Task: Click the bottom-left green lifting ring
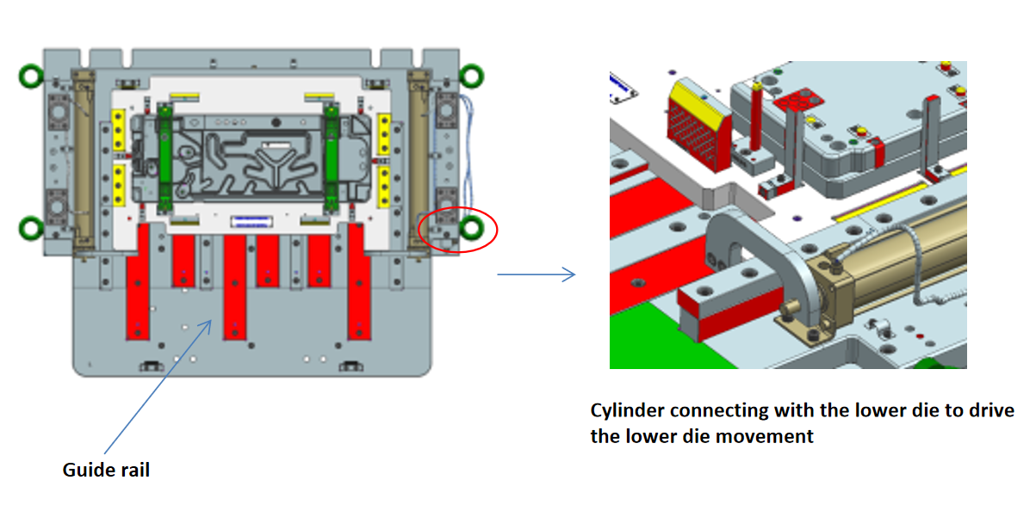(x=32, y=228)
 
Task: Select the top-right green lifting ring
(x=471, y=76)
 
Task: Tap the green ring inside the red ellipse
(x=471, y=228)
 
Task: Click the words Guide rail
(x=106, y=470)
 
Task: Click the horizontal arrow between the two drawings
(x=536, y=275)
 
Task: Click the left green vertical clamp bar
(x=165, y=159)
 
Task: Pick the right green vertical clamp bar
(x=330, y=159)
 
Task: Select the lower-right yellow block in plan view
(x=385, y=182)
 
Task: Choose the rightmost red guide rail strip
(x=359, y=280)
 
